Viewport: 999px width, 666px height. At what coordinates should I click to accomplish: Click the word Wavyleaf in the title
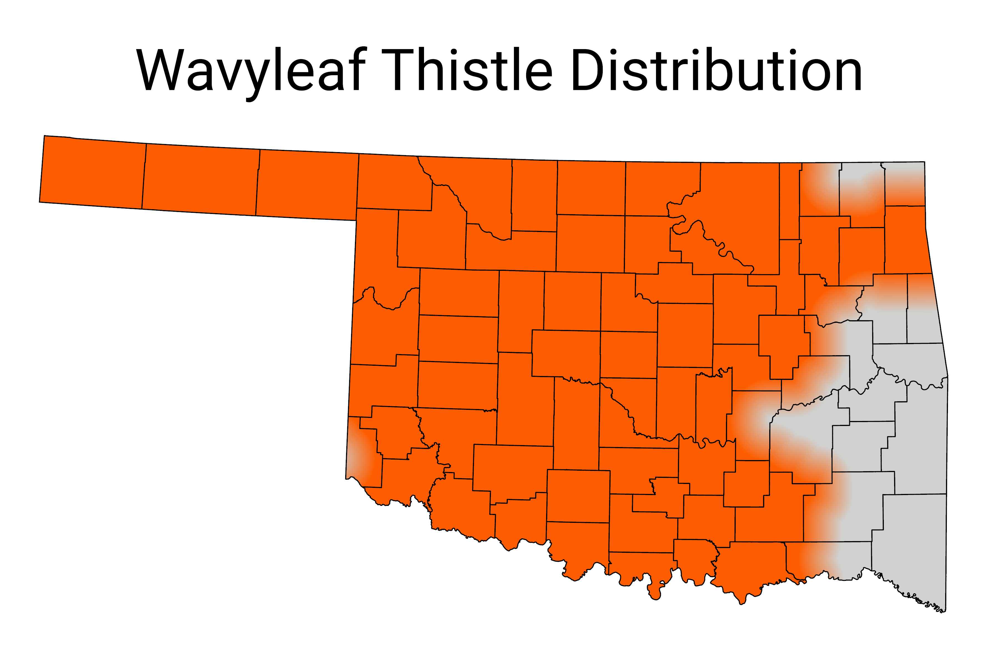[251, 70]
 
